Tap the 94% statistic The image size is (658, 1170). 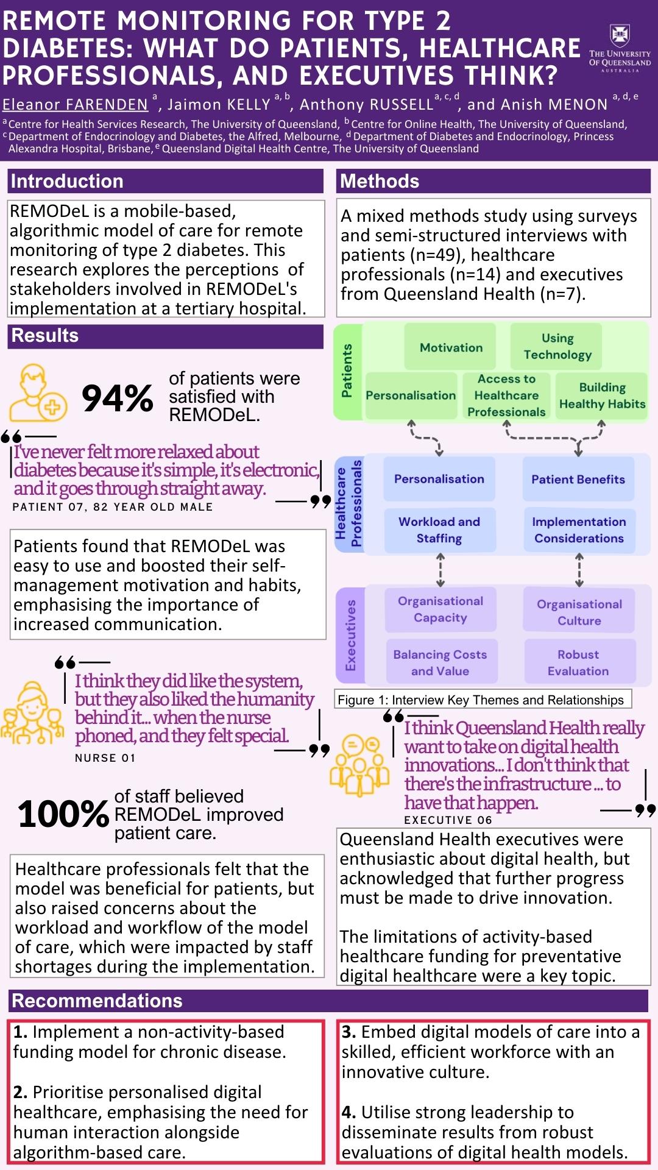point(117,398)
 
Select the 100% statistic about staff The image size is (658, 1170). point(63,814)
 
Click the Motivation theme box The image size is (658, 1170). point(451,347)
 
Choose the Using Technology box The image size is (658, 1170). point(557,346)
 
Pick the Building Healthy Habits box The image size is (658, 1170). point(602,395)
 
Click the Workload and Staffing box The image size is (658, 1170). point(439,530)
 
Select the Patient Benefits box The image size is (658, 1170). point(578,479)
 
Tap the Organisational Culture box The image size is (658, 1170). point(579,612)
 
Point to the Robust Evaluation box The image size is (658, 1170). point(578,662)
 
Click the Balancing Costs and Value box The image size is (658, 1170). point(440,662)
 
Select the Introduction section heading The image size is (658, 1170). point(67,181)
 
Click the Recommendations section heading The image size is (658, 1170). point(97,1001)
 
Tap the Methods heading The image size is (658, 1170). point(380,181)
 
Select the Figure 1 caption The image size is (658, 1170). point(481,700)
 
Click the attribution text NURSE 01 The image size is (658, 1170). point(105,758)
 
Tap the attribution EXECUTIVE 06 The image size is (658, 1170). point(448,820)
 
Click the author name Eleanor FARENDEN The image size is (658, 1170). point(76,105)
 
